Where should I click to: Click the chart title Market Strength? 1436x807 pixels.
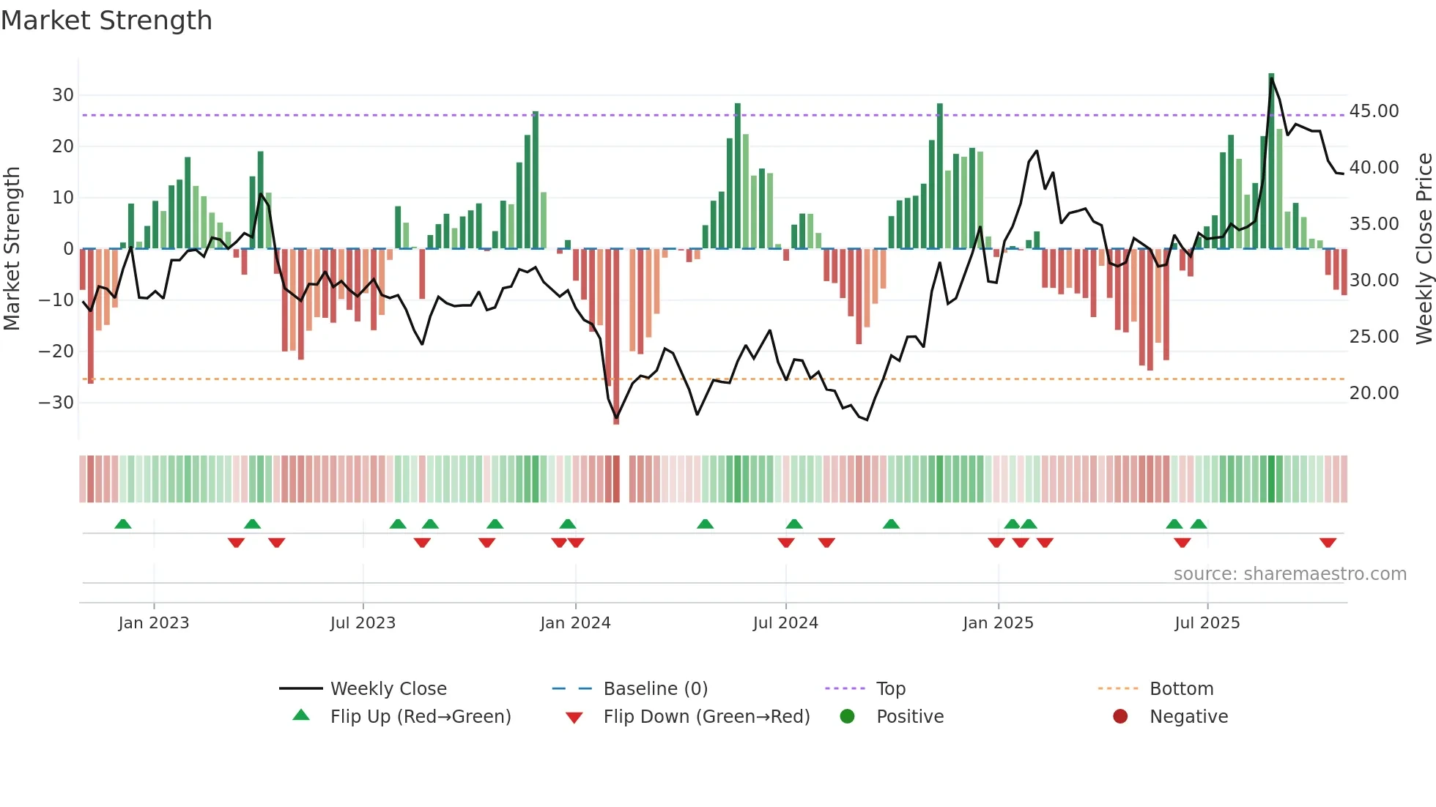(x=106, y=21)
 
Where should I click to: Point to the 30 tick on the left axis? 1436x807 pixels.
(x=63, y=95)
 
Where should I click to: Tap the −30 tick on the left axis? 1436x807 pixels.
(x=56, y=403)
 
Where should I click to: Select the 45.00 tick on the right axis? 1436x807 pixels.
(x=1374, y=111)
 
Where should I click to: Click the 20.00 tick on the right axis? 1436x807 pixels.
(x=1374, y=393)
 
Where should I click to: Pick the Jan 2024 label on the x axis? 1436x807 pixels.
(x=575, y=623)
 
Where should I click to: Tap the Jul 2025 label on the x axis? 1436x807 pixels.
(x=1207, y=623)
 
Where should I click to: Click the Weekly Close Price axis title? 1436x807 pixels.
(x=1424, y=249)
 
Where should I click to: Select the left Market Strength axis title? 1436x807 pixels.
(x=12, y=249)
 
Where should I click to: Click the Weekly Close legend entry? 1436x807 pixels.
(x=388, y=689)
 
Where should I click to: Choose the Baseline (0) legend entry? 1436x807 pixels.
(x=655, y=689)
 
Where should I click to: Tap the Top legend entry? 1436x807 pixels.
(x=890, y=689)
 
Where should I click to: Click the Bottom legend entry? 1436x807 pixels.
(x=1181, y=689)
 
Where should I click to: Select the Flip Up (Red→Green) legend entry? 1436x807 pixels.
(x=420, y=717)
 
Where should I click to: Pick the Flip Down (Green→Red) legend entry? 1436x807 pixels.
(x=706, y=717)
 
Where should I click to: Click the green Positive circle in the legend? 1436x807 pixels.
(x=848, y=717)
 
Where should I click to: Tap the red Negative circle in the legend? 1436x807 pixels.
(x=1120, y=717)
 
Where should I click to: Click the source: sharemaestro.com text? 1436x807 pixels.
(x=1289, y=574)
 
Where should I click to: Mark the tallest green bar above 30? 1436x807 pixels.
(x=1271, y=161)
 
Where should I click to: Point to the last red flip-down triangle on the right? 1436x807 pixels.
(x=1328, y=543)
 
